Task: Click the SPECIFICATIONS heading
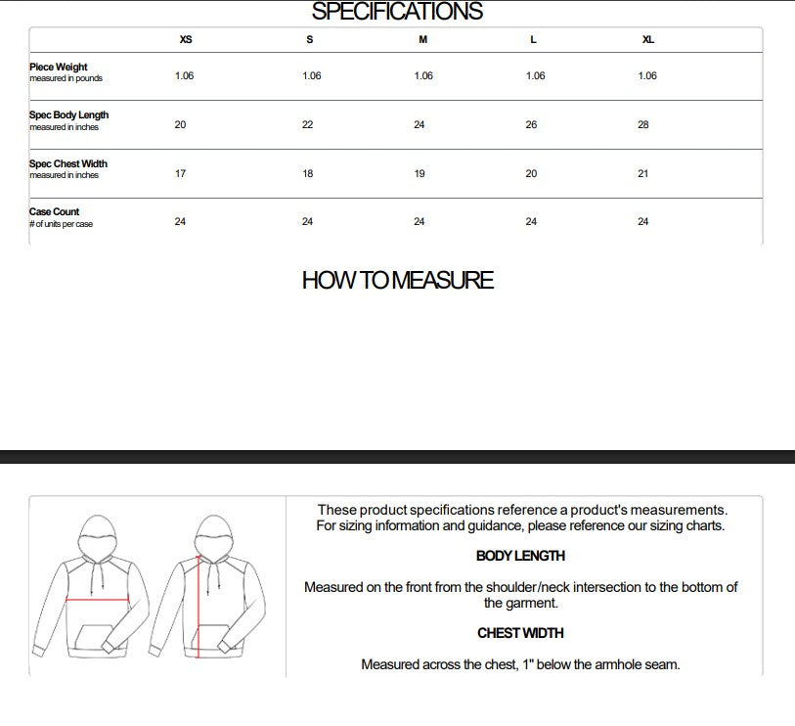pos(397,12)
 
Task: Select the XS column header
pos(186,40)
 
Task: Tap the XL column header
pos(647,40)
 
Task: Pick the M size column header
pos(422,40)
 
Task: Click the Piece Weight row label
pos(59,68)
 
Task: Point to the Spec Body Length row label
pos(68,115)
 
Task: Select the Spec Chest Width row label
pos(68,163)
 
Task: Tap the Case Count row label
pos(55,211)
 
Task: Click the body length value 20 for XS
pos(180,125)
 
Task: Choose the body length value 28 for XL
pos(642,125)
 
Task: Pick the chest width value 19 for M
pos(420,173)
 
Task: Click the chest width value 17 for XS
pos(180,173)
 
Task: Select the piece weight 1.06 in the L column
pos(536,76)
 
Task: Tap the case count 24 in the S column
pos(307,222)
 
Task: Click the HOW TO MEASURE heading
pos(397,281)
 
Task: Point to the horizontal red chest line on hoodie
pos(98,600)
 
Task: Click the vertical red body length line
pos(199,607)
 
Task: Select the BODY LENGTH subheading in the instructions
pos(520,556)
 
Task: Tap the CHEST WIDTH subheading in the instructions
pos(520,633)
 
